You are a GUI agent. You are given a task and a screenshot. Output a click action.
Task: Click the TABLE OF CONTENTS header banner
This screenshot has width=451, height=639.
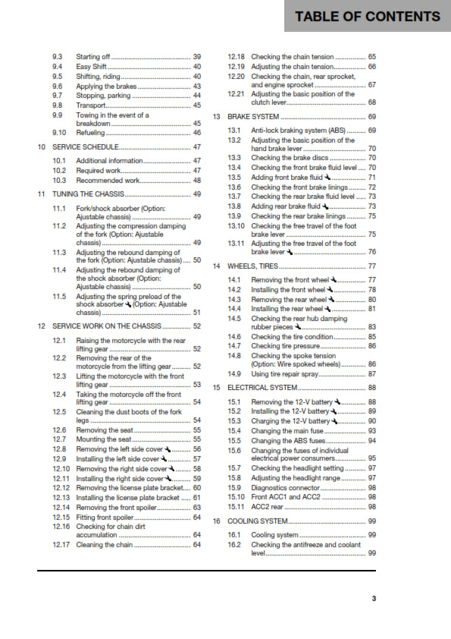pos(367,17)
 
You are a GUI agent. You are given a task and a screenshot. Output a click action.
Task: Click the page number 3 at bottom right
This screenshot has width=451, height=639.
pos(373,599)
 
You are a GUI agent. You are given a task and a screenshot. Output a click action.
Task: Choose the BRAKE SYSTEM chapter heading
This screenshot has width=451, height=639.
pos(254,117)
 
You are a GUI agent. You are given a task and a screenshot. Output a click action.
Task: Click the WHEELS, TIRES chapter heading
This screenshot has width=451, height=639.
pos(253,266)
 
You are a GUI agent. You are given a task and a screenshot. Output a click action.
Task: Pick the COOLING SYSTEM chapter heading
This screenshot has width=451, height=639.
pos(258,521)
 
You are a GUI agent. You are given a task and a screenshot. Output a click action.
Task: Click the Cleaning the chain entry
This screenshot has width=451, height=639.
pos(105,545)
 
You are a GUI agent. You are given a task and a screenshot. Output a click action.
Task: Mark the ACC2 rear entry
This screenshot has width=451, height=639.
pos(268,507)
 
